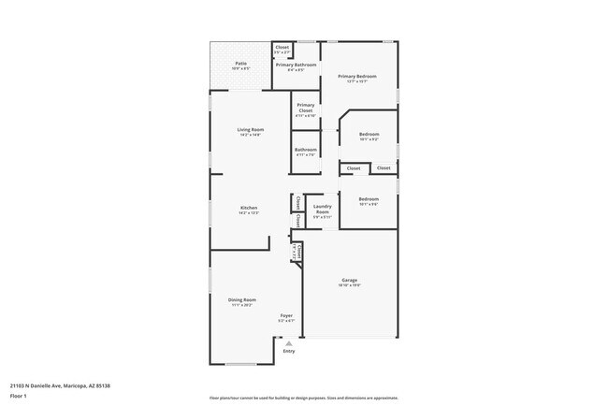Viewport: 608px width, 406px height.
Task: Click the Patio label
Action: [240, 64]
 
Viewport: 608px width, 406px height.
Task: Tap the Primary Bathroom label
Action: [295, 65]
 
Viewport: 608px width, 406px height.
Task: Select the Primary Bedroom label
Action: [357, 76]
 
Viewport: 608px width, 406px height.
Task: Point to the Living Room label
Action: [249, 130]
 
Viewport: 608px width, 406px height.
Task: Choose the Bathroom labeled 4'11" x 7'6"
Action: [306, 151]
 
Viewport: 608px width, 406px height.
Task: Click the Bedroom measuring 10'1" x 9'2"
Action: [369, 137]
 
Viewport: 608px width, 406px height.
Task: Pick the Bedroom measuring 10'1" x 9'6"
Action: [369, 200]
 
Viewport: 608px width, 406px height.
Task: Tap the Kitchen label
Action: [249, 209]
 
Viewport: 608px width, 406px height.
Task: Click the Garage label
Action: [350, 281]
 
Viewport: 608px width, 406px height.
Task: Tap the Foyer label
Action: [287, 316]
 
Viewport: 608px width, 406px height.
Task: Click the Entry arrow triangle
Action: [288, 342]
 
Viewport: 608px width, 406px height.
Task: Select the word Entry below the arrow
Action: [288, 351]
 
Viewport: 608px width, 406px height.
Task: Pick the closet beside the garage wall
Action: [297, 251]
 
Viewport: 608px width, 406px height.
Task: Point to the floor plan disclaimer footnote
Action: [303, 399]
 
